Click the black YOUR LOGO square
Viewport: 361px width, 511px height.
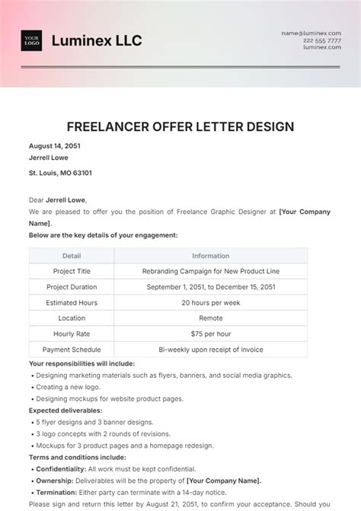point(32,40)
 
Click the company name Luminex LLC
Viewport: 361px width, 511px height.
point(97,41)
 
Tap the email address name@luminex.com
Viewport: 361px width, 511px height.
point(314,34)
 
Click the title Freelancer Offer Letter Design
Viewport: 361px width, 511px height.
point(180,126)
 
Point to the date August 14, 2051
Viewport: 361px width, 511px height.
point(55,145)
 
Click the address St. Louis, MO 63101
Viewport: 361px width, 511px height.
point(60,173)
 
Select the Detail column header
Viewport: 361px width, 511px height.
point(72,256)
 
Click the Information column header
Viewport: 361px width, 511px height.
point(210,256)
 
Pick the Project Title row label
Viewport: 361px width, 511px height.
point(72,271)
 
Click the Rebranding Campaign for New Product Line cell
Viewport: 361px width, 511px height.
point(210,271)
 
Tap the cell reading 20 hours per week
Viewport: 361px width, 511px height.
point(210,302)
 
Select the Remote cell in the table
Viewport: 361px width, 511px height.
point(210,318)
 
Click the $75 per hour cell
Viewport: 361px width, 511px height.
point(210,334)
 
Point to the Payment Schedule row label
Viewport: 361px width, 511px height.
point(72,350)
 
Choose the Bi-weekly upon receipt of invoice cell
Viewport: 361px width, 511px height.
point(210,350)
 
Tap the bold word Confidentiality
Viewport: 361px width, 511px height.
point(60,469)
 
